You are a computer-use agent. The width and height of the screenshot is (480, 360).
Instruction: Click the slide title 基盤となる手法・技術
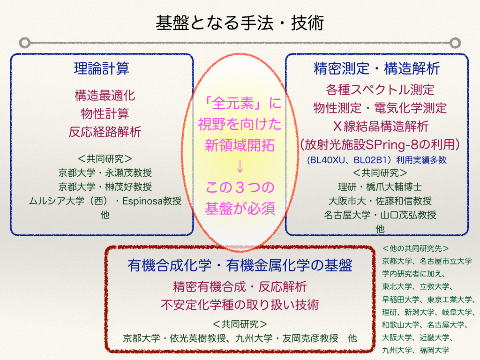point(240,23)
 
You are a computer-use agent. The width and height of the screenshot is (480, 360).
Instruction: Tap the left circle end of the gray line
point(24,43)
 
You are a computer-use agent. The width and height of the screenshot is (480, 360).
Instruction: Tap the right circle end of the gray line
point(455,43)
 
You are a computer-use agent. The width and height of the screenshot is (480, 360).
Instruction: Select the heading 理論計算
point(102,68)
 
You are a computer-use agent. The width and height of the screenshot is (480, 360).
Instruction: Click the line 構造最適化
point(105,96)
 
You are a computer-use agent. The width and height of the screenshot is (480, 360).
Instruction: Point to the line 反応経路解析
point(105,132)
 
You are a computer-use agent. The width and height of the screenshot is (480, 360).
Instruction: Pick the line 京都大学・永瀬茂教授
point(105,173)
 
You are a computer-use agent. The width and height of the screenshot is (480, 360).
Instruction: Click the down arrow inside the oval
point(240,166)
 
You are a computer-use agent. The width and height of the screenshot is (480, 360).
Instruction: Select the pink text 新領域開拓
point(240,145)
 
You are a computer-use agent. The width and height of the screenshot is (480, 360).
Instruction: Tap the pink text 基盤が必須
point(240,209)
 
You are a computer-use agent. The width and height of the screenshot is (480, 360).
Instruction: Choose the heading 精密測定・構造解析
point(377,68)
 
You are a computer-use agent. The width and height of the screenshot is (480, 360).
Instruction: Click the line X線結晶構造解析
point(381,126)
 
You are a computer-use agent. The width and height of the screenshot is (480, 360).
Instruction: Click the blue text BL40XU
point(326,160)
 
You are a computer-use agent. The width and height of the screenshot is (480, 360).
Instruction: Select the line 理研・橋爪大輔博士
point(380,187)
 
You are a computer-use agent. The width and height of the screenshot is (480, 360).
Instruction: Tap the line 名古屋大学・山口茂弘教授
point(380,215)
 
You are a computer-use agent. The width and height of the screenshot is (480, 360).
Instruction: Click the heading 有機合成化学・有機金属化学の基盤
point(240,265)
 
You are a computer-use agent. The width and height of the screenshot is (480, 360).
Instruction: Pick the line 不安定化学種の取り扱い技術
point(240,305)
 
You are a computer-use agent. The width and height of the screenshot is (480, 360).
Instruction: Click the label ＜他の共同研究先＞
point(416,248)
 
